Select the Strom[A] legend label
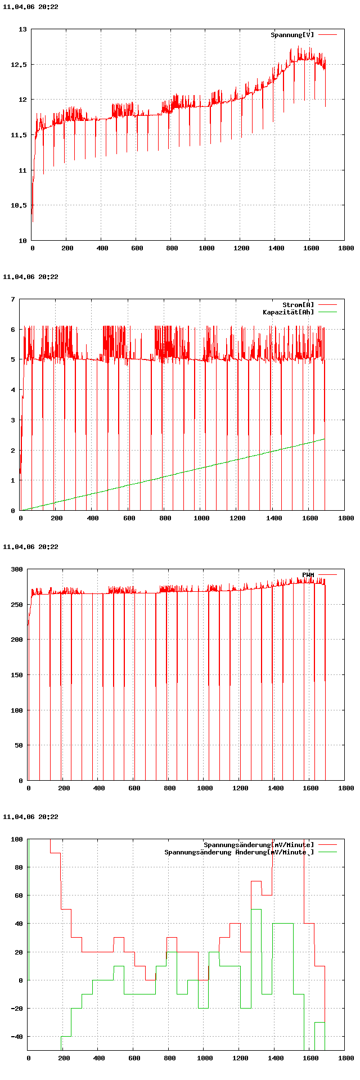[x=298, y=305]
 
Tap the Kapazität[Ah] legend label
[x=289, y=312]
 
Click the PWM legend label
[x=308, y=575]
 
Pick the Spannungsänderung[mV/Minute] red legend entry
[x=259, y=845]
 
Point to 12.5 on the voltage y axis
[x=19, y=65]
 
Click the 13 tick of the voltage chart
[x=22, y=29]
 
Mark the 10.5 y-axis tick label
[x=19, y=205]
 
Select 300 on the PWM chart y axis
[x=17, y=569]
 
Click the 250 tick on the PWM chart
[x=17, y=605]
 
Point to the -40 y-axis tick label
[x=17, y=1037]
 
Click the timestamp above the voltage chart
[x=30, y=7]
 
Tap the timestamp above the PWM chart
[x=30, y=547]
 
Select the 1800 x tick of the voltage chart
[x=346, y=248]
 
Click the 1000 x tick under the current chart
[x=201, y=518]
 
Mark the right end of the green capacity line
[x=325, y=439]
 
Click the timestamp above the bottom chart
[x=30, y=817]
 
